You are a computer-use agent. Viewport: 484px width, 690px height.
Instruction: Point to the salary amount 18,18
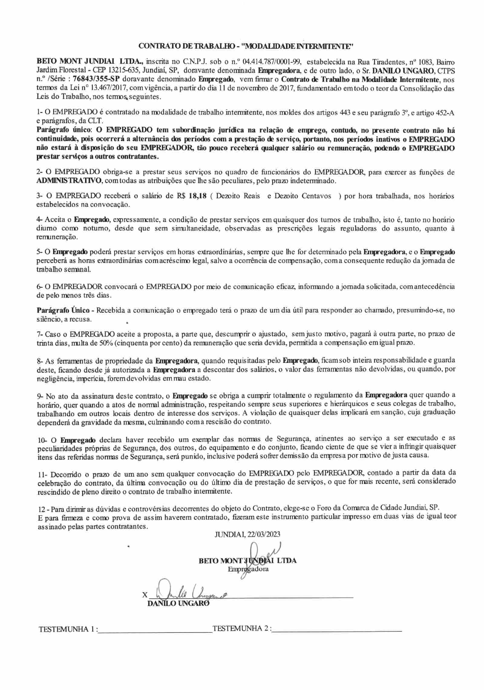[x=197, y=196]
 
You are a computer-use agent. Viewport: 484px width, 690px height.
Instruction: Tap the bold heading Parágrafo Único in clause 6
[x=63, y=310]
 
